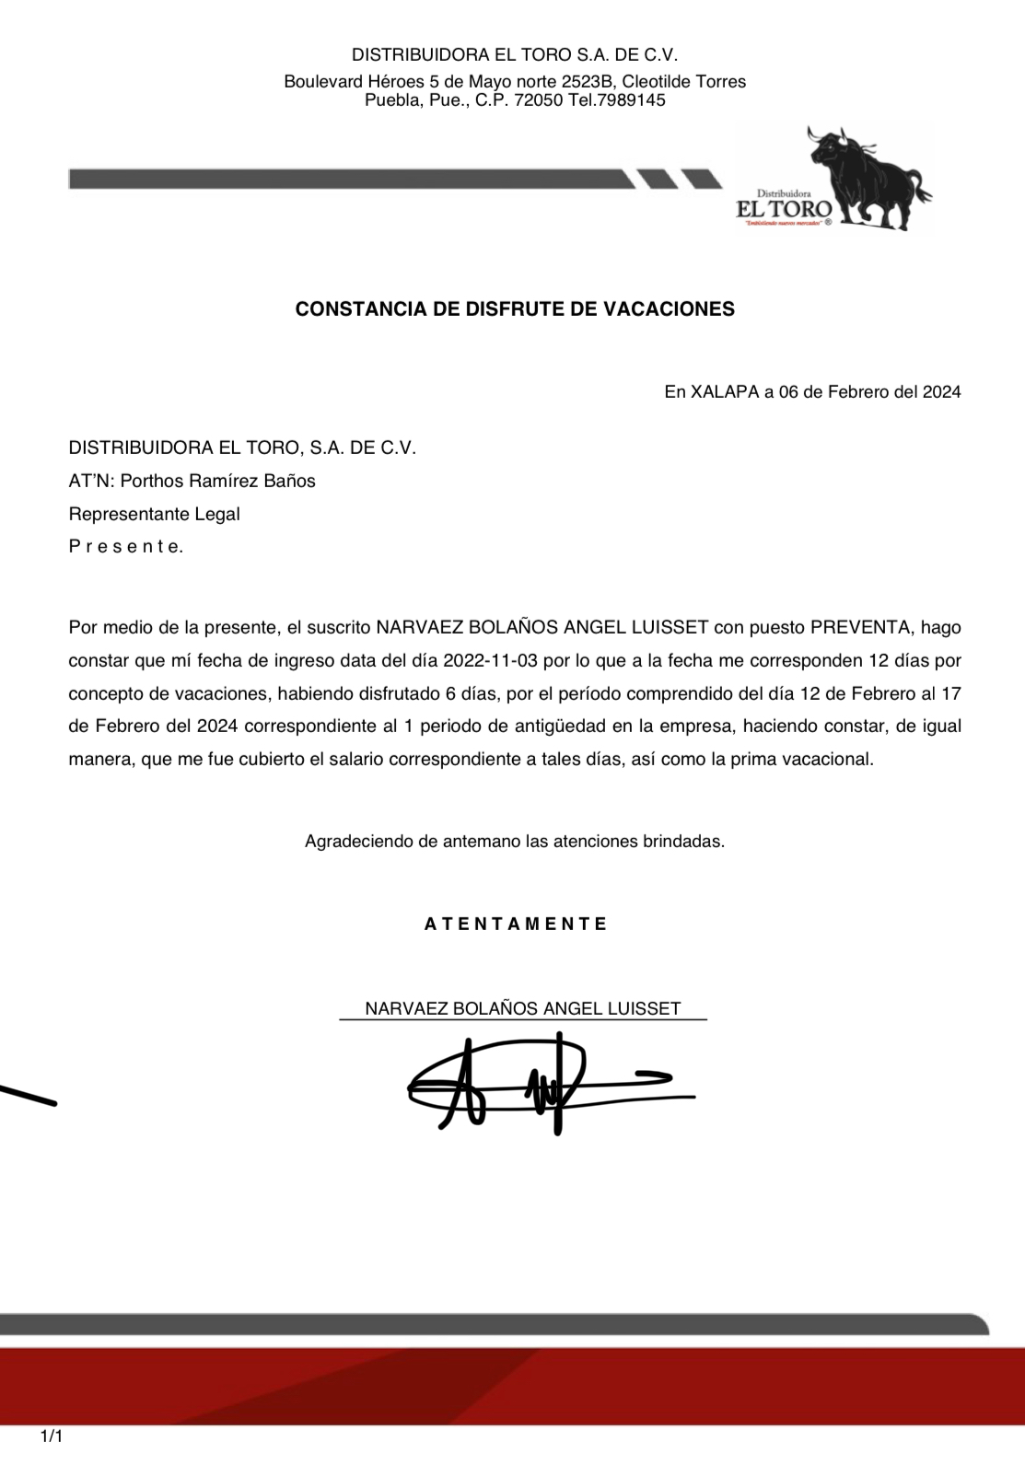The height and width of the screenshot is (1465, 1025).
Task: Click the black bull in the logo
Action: (866, 175)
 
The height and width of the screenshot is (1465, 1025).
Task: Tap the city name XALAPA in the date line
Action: (724, 392)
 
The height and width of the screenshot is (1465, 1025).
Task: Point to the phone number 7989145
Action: (630, 100)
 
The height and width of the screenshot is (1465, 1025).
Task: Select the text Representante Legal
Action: (154, 514)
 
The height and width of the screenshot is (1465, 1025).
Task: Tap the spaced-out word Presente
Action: (126, 546)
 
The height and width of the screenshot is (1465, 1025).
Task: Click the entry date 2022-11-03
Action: (490, 660)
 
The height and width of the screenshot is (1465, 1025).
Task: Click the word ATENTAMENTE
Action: (516, 924)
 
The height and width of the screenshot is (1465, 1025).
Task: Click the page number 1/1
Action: (52, 1436)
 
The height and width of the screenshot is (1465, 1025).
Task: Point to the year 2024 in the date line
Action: (941, 392)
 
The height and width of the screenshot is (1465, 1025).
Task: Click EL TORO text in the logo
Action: (784, 210)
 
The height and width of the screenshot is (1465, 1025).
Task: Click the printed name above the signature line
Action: (522, 1008)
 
